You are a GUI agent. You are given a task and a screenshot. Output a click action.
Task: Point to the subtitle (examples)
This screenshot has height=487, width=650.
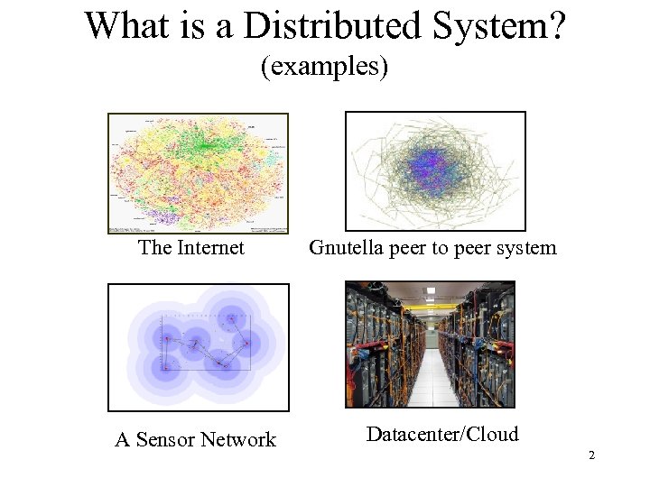324,66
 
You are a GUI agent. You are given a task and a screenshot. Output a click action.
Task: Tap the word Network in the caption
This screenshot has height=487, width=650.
237,440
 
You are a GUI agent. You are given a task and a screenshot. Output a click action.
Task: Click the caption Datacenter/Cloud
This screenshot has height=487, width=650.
442,434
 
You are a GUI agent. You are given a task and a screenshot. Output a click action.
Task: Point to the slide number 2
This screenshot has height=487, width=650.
591,455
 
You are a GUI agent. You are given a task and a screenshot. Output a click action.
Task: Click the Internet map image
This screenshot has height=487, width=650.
198,173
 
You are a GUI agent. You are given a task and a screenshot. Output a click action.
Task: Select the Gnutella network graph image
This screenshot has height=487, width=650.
435,171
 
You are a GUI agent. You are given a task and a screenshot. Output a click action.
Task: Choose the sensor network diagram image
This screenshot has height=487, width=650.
199,347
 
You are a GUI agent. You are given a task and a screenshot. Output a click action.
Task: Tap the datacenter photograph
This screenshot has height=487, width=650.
430,345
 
